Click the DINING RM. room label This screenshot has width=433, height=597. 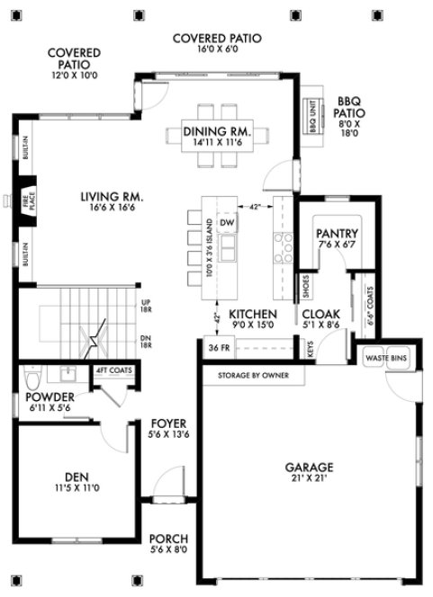click(216, 132)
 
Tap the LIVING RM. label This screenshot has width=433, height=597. click(112, 197)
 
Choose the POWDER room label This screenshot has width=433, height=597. click(50, 397)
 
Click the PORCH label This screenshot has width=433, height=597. click(168, 540)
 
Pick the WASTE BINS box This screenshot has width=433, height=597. click(386, 359)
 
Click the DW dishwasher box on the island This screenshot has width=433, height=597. click(227, 222)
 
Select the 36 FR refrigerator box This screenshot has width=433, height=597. click(214, 348)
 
